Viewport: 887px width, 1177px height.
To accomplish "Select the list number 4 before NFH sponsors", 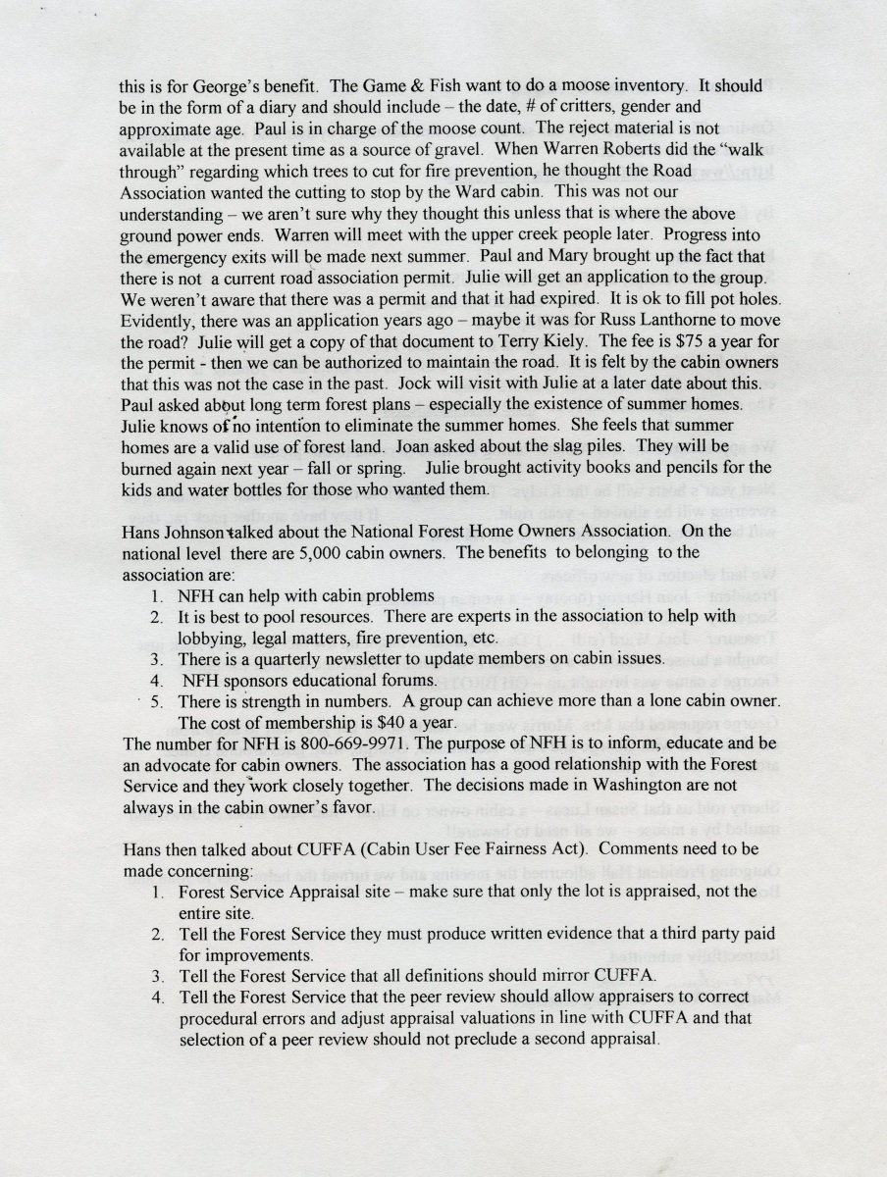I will click(x=156, y=680).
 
